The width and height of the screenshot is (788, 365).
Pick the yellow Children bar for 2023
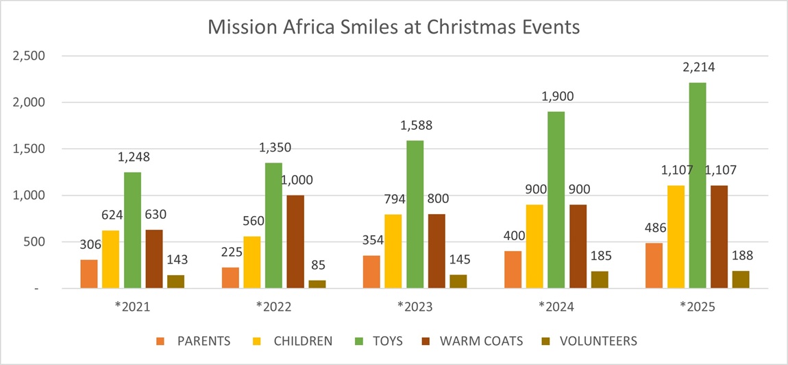tap(393, 251)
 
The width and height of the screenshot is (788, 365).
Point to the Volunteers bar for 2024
tap(600, 280)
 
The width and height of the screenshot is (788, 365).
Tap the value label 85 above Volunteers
tap(317, 265)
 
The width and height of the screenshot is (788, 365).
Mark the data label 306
tap(89, 244)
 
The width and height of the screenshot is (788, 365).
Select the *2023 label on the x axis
tap(415, 307)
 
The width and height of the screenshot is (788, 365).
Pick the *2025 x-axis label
tap(697, 307)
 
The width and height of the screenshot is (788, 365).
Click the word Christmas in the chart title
tap(466, 27)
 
